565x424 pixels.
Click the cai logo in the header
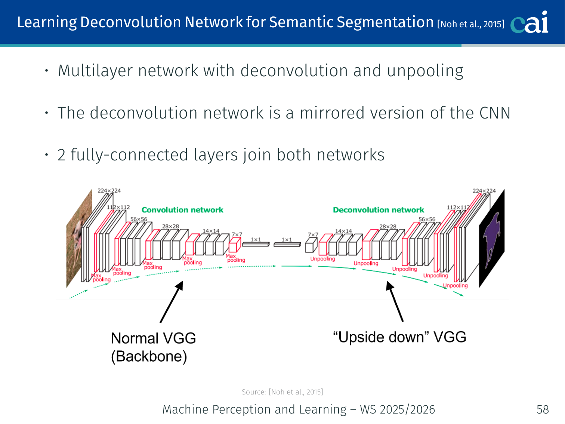pyautogui.click(x=530, y=23)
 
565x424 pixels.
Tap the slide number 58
pyautogui.click(x=543, y=409)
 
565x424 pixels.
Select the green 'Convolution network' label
pyautogui.click(x=182, y=210)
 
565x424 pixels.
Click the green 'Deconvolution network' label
pyautogui.click(x=379, y=210)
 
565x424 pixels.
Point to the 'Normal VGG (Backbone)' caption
pyautogui.click(x=153, y=347)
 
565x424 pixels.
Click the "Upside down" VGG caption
pyautogui.click(x=399, y=337)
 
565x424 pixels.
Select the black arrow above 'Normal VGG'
pyautogui.click(x=172, y=302)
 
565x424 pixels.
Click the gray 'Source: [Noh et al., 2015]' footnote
pyautogui.click(x=282, y=392)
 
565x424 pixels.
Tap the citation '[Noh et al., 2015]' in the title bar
pyautogui.click(x=470, y=24)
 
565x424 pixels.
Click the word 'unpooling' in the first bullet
pyautogui.click(x=425, y=71)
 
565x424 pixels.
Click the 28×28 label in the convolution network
pyautogui.click(x=170, y=226)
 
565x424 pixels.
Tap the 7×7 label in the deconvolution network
pyautogui.click(x=313, y=234)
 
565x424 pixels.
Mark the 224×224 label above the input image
pyautogui.click(x=109, y=190)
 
